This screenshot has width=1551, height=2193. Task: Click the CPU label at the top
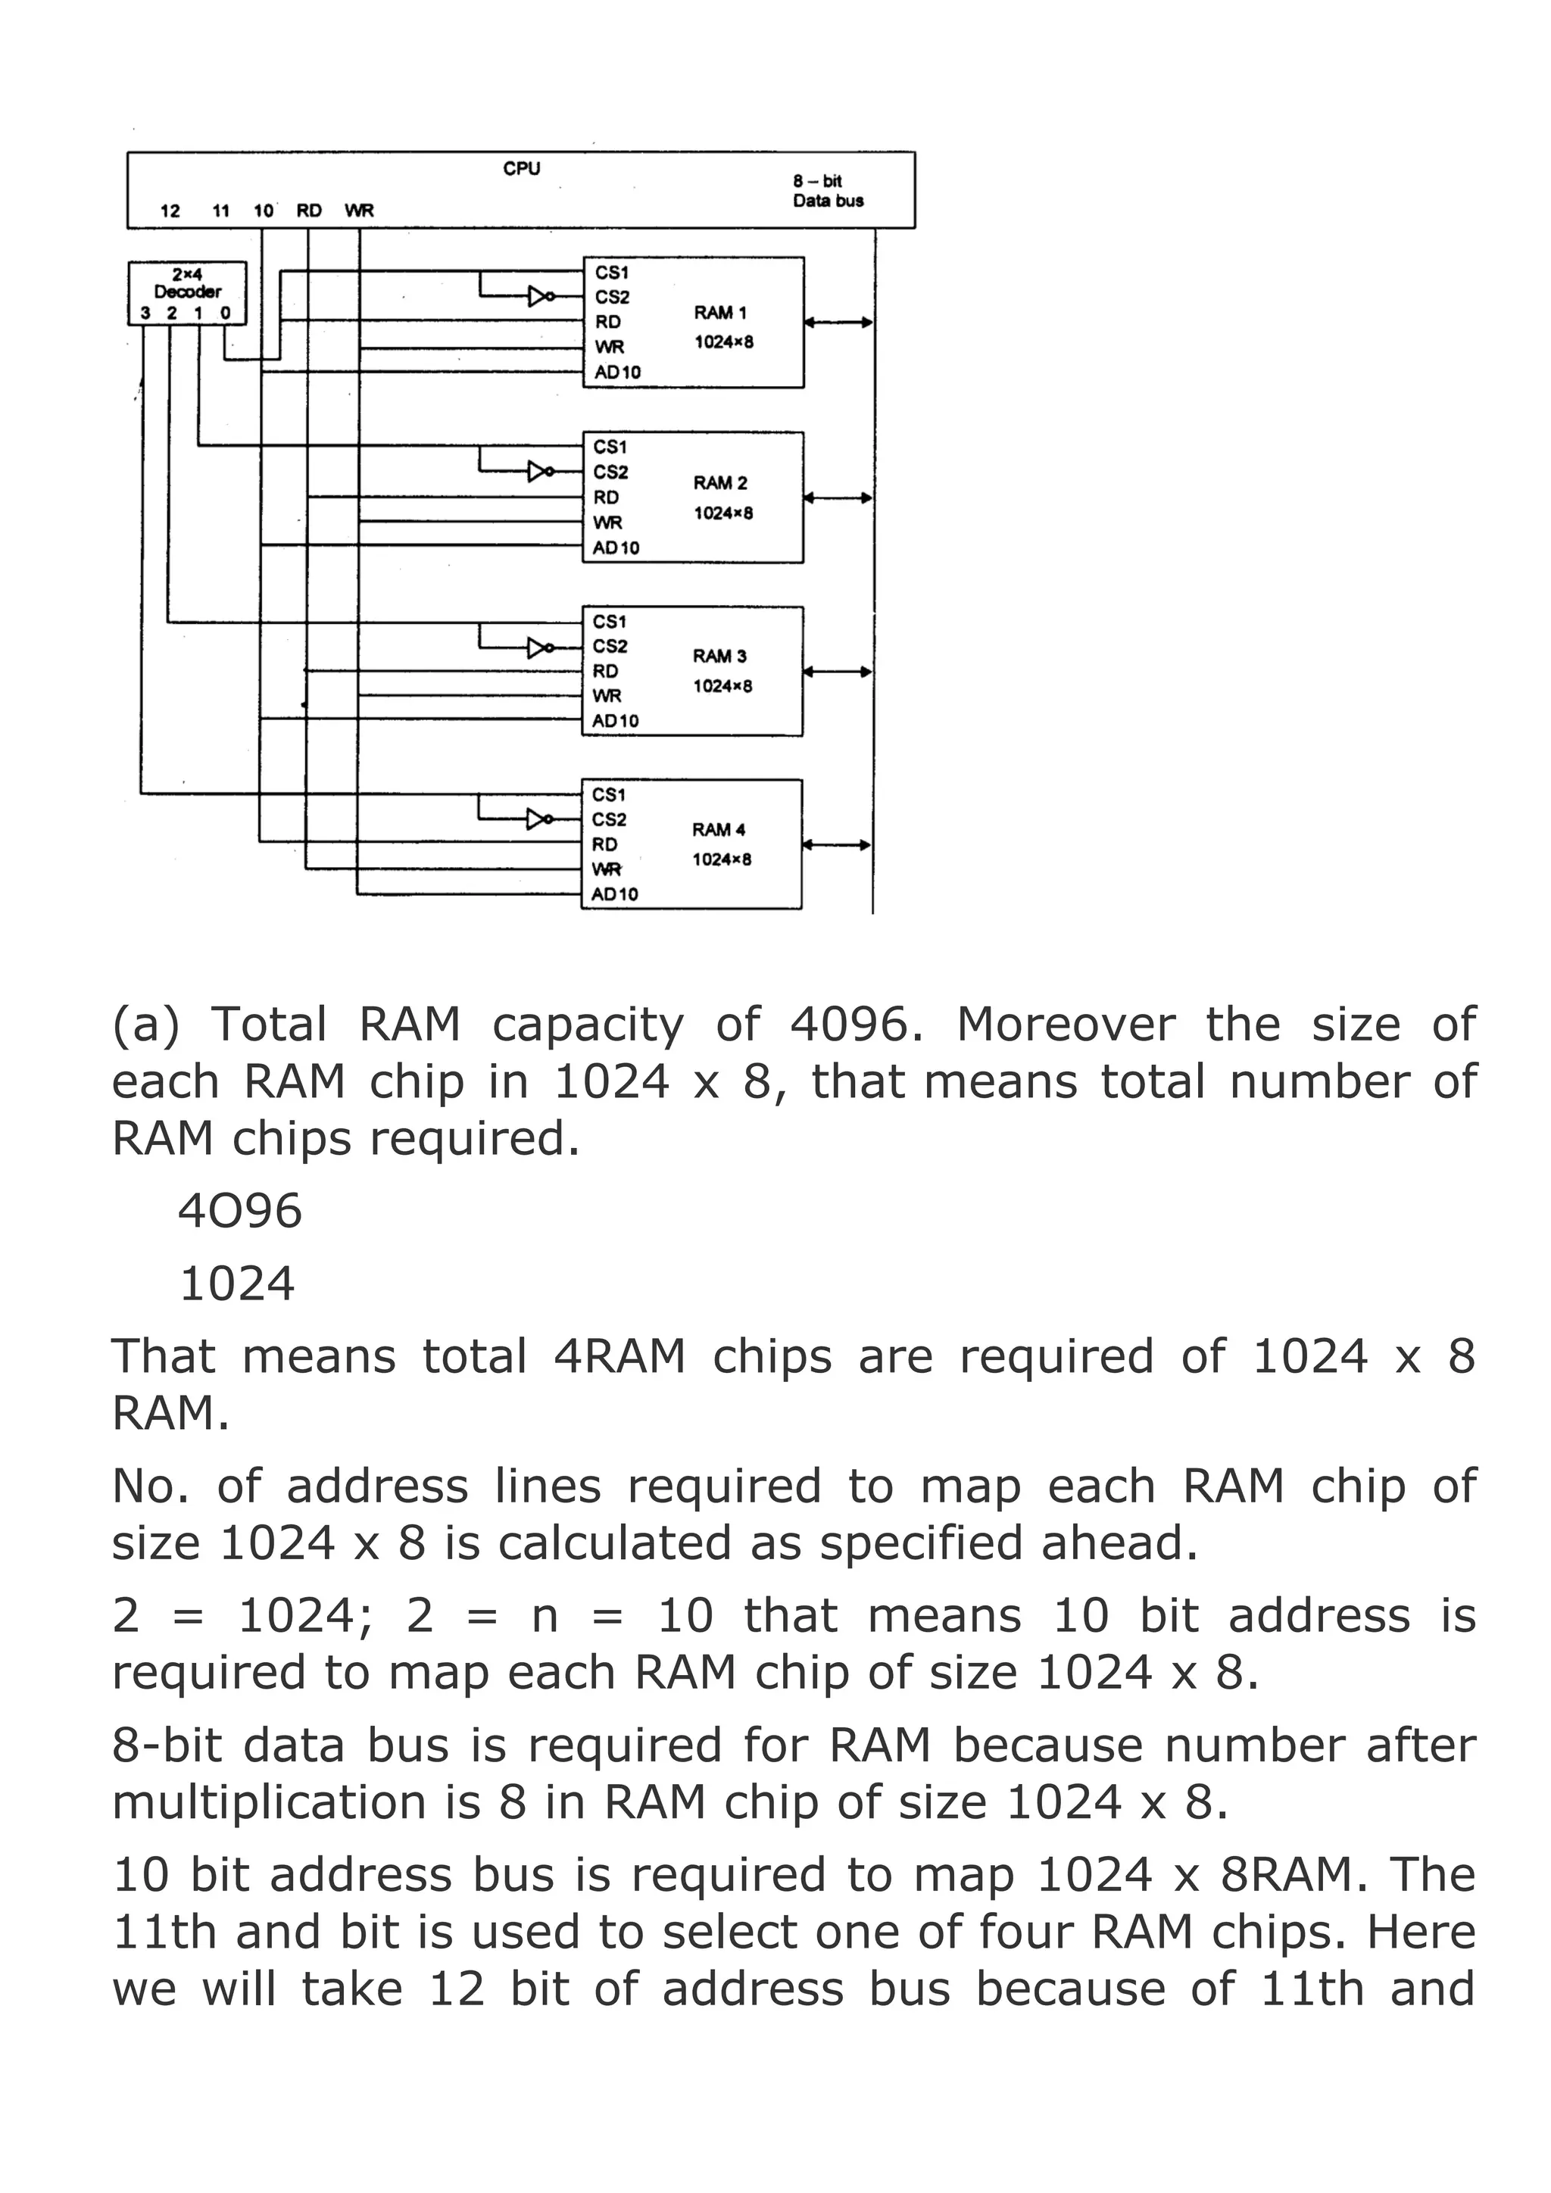(x=522, y=169)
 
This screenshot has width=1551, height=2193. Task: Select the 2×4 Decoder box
(x=187, y=292)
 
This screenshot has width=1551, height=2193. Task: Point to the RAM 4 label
(x=718, y=830)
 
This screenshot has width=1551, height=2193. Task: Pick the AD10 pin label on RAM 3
(x=615, y=721)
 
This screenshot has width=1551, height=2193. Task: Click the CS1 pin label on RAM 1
(x=611, y=273)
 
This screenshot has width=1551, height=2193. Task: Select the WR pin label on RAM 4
(x=607, y=869)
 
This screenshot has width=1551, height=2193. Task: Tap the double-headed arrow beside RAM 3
(x=837, y=672)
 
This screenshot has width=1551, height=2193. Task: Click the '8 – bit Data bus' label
(x=827, y=191)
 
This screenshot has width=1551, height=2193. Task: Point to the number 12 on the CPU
(x=170, y=211)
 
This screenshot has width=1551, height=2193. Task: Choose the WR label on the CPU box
(x=359, y=211)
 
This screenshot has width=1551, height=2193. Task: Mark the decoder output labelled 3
(x=145, y=314)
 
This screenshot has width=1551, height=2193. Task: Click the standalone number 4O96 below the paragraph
(x=240, y=1211)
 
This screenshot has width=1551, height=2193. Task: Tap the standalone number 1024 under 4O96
(x=237, y=1284)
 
